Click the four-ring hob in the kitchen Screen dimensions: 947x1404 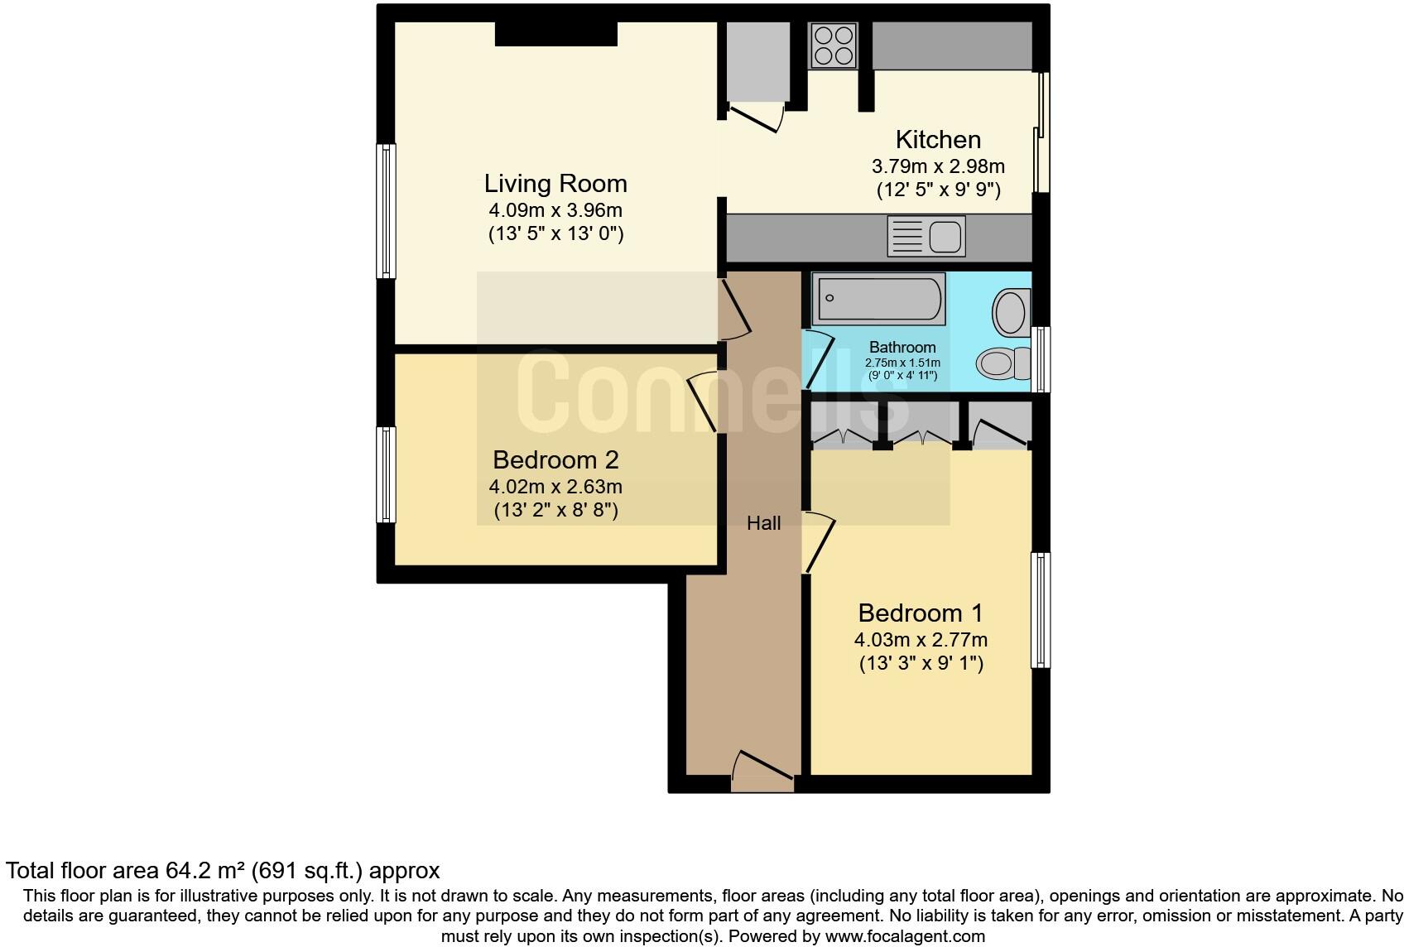coord(833,45)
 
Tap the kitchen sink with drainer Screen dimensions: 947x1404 coord(926,236)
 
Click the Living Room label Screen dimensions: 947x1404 coord(555,183)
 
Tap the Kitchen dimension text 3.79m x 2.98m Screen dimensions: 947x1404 coord(938,166)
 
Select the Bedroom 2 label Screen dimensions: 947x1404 coord(555,459)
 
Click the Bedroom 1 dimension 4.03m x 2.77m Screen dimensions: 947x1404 coord(921,640)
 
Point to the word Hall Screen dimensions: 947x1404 coord(763,523)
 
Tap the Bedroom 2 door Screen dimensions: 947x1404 coord(702,403)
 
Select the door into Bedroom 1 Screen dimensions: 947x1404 coord(819,542)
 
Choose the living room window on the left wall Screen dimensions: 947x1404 coord(386,211)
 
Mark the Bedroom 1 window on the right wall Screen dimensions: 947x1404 coord(1041,610)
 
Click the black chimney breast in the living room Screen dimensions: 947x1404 coord(556,33)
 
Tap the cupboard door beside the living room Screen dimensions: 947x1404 coord(755,118)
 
